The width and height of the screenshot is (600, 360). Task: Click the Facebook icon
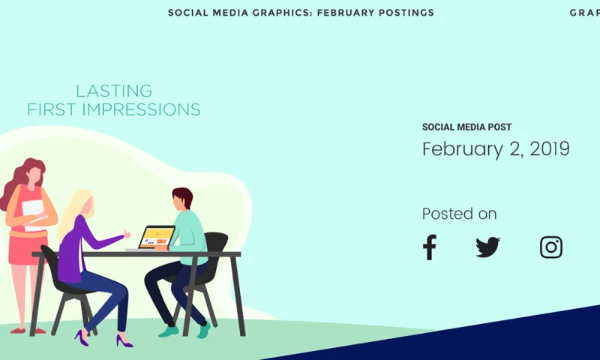point(429,247)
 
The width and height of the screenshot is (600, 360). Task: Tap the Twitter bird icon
point(487,247)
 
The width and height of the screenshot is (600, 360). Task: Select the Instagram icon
point(551,247)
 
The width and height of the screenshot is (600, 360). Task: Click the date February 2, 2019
point(496,148)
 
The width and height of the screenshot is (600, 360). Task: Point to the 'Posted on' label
point(459,214)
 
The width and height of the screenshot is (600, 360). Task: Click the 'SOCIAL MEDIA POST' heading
point(466,127)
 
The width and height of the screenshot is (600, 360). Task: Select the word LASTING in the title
point(114,91)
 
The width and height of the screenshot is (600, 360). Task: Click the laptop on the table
point(156,236)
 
